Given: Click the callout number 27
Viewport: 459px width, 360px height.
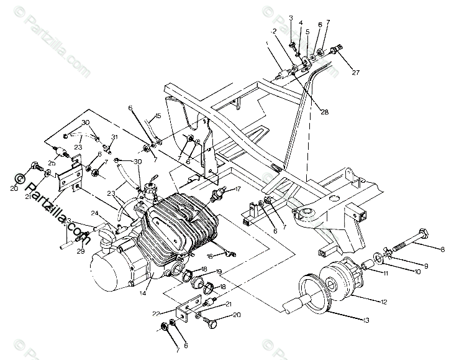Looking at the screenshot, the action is pyautogui.click(x=355, y=73).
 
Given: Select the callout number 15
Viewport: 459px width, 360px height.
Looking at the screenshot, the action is pyautogui.click(x=158, y=116).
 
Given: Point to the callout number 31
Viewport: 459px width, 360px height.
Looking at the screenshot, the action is pyautogui.click(x=114, y=137).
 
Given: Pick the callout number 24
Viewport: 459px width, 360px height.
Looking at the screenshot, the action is pyautogui.click(x=94, y=213).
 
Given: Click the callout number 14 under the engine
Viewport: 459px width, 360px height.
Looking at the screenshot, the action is pyautogui.click(x=143, y=292).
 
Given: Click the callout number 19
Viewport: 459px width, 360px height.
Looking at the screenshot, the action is pyautogui.click(x=219, y=272).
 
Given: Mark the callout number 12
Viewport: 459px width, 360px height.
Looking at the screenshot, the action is pyautogui.click(x=384, y=302).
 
